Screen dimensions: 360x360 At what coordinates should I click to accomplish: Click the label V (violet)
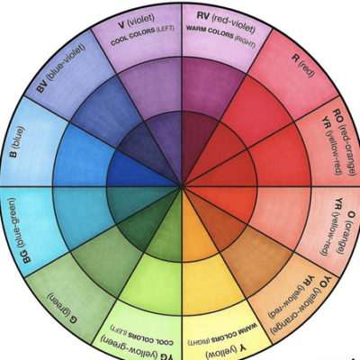[x=137, y=21]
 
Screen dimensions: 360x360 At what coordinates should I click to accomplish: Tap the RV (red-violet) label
[x=226, y=22]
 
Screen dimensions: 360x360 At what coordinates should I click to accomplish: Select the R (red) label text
[x=303, y=65]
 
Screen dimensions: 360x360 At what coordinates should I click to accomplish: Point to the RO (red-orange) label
[x=345, y=142]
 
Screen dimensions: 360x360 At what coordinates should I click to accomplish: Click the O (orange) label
[x=346, y=232]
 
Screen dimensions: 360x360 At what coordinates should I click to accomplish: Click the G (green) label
[x=62, y=307]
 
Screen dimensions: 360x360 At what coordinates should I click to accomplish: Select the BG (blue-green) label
[x=19, y=230]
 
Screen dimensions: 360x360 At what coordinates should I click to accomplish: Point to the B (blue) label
[x=17, y=141]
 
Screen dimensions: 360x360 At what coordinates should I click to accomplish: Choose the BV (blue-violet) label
[x=61, y=67]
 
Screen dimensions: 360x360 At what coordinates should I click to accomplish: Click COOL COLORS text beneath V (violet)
[x=142, y=36]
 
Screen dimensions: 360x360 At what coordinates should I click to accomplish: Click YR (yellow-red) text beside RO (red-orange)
[x=331, y=146]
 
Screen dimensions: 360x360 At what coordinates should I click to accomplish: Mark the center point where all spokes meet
[x=182, y=186]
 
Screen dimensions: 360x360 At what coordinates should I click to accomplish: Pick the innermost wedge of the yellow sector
[x=196, y=228]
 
